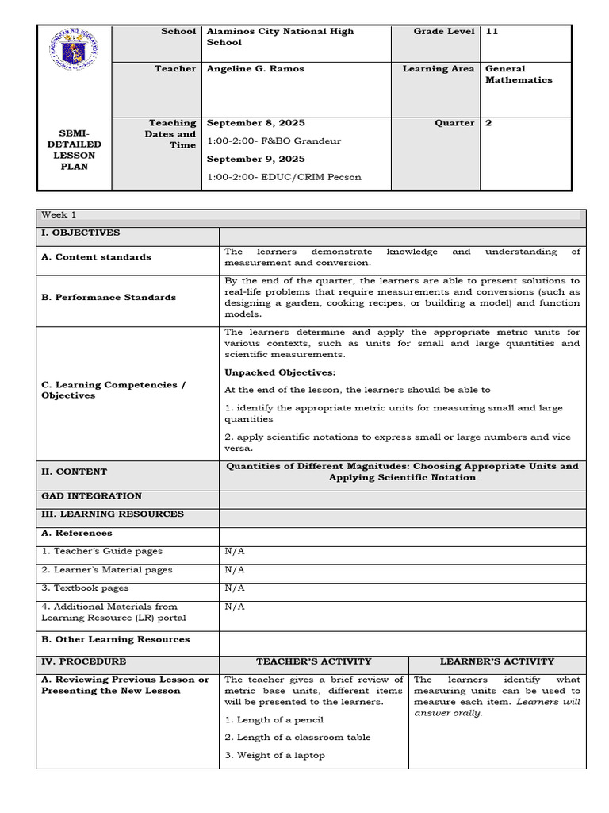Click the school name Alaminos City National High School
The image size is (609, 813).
(x=279, y=37)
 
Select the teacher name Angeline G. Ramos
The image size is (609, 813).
(x=255, y=69)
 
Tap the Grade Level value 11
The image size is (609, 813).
(x=492, y=32)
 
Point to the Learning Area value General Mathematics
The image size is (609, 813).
(x=518, y=75)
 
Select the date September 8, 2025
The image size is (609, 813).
(x=255, y=123)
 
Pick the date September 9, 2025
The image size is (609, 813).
(x=255, y=159)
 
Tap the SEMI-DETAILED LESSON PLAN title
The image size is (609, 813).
(x=74, y=150)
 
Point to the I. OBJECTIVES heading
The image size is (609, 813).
(x=81, y=233)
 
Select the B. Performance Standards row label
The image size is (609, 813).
(x=109, y=298)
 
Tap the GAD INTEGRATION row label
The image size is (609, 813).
(x=91, y=496)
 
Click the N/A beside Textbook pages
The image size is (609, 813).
(x=235, y=588)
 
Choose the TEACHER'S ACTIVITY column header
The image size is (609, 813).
(x=313, y=661)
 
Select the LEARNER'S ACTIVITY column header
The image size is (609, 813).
(x=496, y=661)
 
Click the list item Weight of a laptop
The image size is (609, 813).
(x=274, y=755)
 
